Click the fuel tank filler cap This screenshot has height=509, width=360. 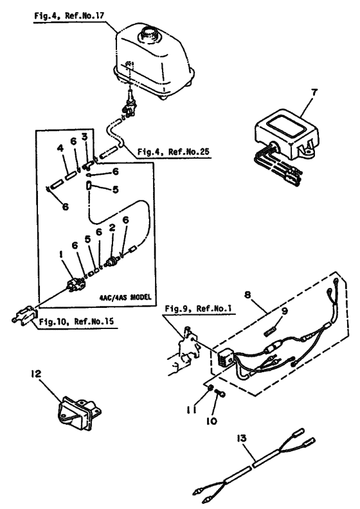pos(152,31)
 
